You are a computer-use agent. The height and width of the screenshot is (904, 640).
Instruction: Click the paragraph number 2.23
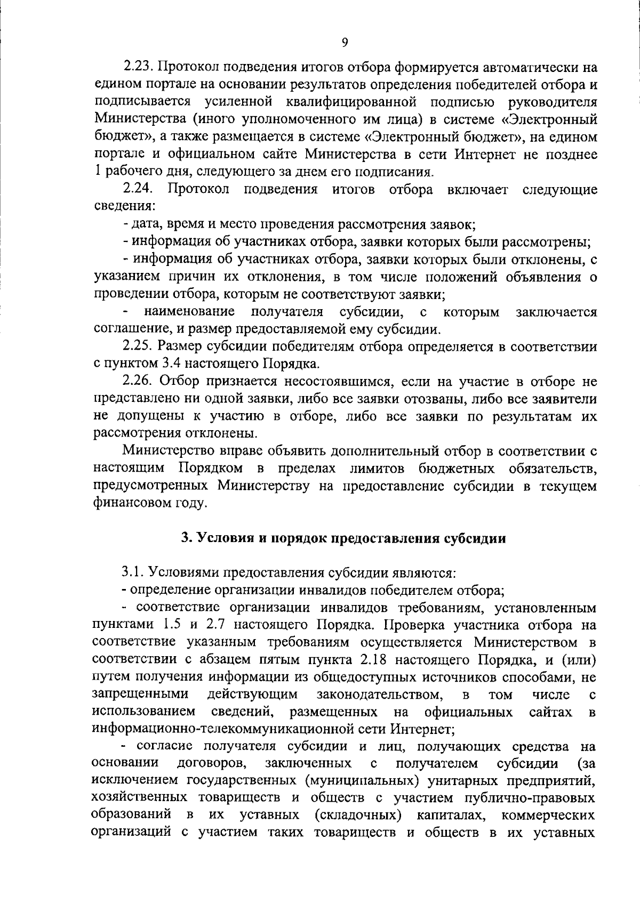[x=139, y=67]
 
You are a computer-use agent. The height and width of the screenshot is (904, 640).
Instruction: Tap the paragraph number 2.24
[x=138, y=189]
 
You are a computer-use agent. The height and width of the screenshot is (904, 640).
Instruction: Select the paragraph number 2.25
[x=139, y=346]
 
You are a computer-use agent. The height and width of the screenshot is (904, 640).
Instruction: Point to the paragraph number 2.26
[x=139, y=381]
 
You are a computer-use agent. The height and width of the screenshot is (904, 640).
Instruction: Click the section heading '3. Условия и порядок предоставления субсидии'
[x=343, y=538]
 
